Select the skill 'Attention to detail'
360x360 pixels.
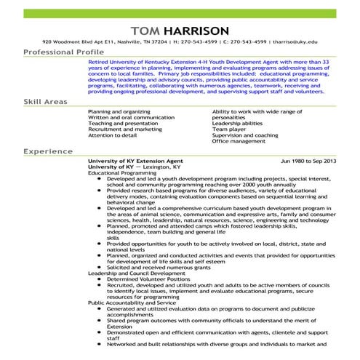pos(113,135)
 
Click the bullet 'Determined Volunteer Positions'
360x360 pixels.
pos(145,279)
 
